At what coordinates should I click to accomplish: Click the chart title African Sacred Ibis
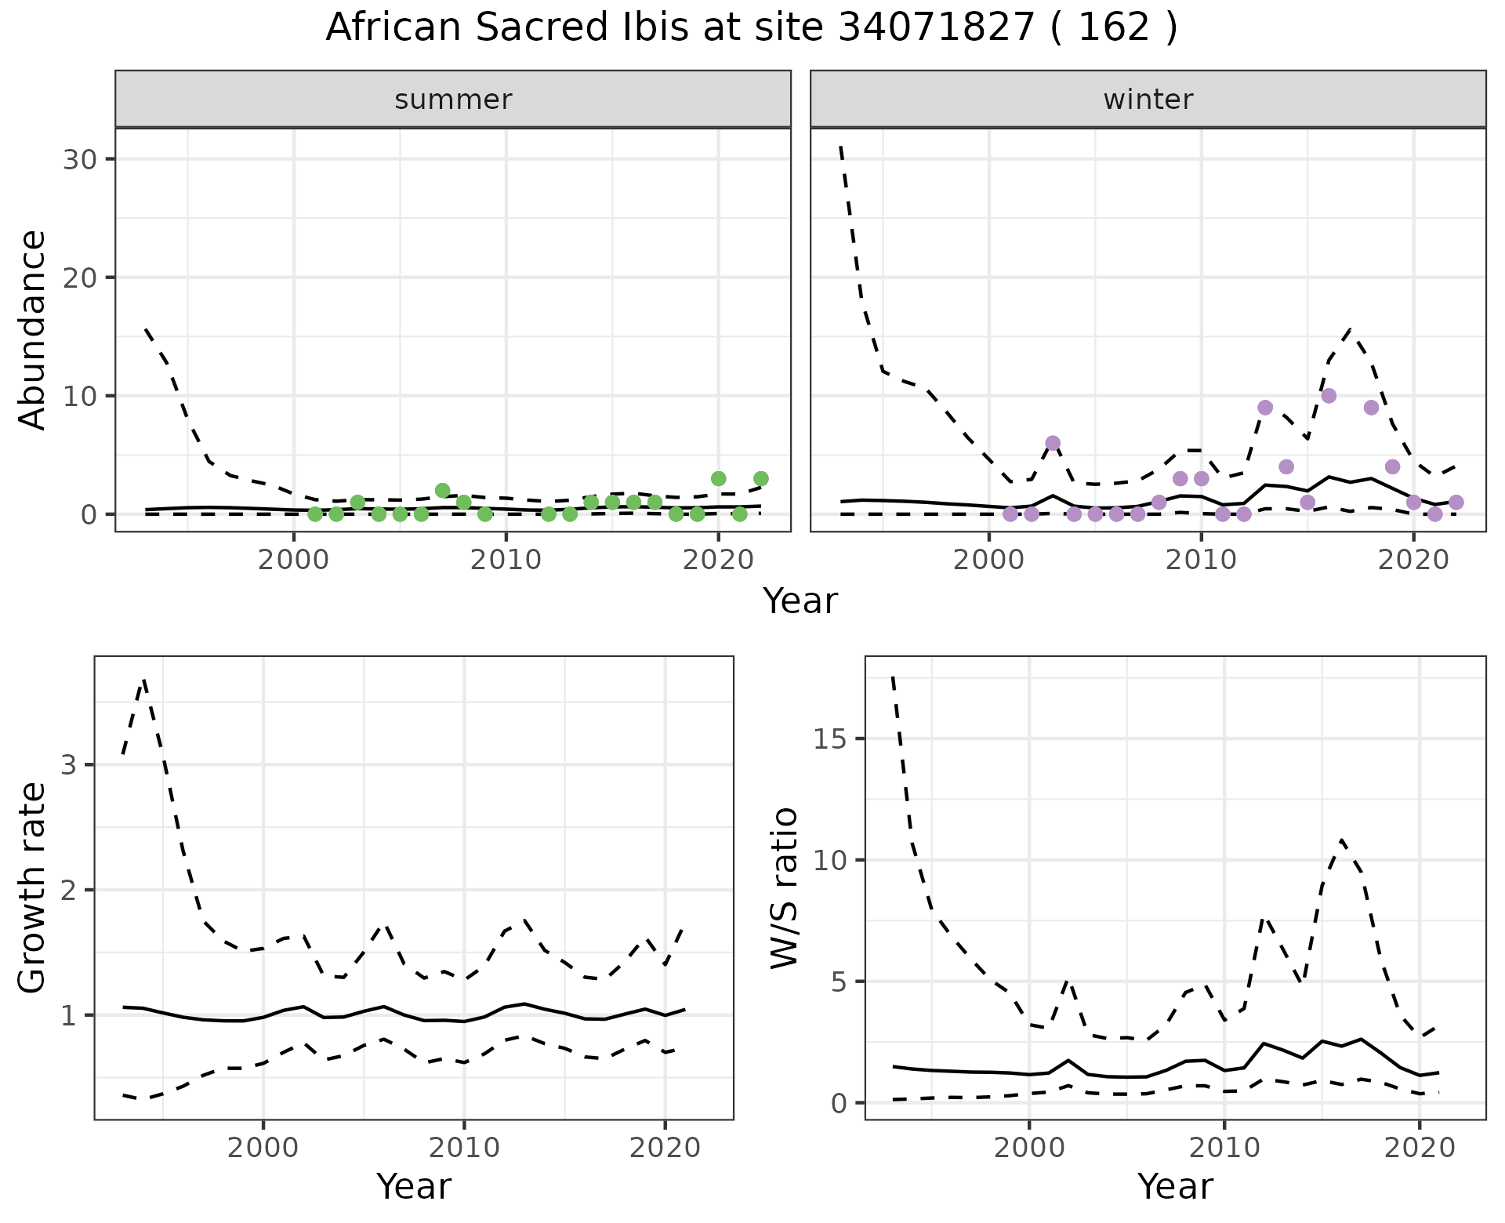[751, 28]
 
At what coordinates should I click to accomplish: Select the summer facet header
[453, 100]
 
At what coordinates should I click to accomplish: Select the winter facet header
[1148, 100]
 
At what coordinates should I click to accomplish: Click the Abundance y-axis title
[33, 329]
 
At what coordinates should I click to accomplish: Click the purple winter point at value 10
[1329, 396]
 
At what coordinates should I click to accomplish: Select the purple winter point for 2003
[1053, 443]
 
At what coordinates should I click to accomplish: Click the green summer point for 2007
[442, 491]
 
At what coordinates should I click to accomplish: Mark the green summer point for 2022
[760, 478]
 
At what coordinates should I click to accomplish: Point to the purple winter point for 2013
[1265, 408]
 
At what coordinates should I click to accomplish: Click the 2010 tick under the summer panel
[506, 561]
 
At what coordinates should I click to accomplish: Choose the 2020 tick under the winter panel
[1413, 561]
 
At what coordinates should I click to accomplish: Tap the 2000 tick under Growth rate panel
[263, 1149]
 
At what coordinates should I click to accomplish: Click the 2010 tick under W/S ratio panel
[1224, 1149]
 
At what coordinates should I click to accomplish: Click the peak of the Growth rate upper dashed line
[143, 680]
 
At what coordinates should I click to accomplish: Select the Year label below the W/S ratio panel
[1174, 1186]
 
